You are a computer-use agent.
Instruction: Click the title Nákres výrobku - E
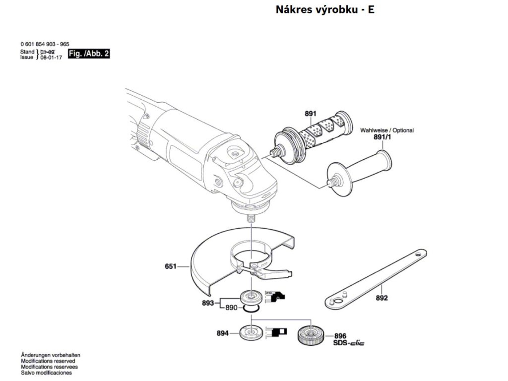click(x=325, y=9)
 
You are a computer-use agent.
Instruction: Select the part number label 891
click(x=310, y=114)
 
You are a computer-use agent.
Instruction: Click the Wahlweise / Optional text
click(x=386, y=130)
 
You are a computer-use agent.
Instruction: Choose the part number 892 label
click(x=381, y=299)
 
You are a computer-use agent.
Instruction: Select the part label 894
click(x=222, y=333)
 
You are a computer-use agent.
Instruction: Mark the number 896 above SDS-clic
click(x=340, y=336)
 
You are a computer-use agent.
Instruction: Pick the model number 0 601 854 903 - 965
click(x=45, y=44)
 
